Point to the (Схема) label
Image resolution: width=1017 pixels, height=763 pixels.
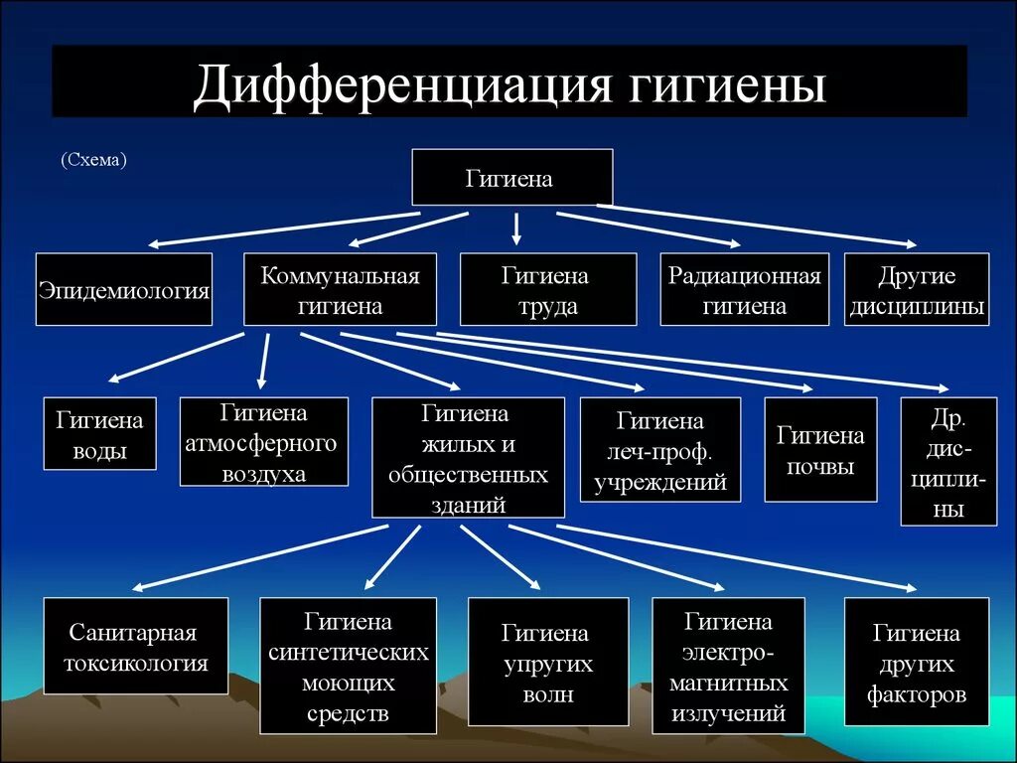[x=92, y=159]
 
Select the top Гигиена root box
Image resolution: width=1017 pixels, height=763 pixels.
[x=511, y=178]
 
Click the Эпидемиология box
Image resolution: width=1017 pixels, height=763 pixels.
[x=124, y=289]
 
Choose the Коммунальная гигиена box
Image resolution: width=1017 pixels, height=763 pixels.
[x=340, y=289]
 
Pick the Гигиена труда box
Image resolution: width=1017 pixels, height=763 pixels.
[x=547, y=289]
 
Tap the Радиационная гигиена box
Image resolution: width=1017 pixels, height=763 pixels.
[x=744, y=289]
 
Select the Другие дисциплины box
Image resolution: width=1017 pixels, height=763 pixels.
[x=916, y=289]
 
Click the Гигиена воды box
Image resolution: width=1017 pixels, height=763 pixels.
[x=100, y=434]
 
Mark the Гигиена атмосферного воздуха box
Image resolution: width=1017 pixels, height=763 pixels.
[x=263, y=441]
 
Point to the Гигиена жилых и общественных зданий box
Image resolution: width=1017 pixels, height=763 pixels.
[x=468, y=457]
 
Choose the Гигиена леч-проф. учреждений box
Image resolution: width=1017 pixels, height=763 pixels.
[x=659, y=449]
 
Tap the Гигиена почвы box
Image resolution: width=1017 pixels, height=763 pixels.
[x=820, y=449]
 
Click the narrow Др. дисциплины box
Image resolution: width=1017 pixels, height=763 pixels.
[x=948, y=461]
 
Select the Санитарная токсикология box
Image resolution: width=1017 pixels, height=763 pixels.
[x=136, y=647]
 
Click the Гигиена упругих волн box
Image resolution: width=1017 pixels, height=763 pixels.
[x=547, y=662]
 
